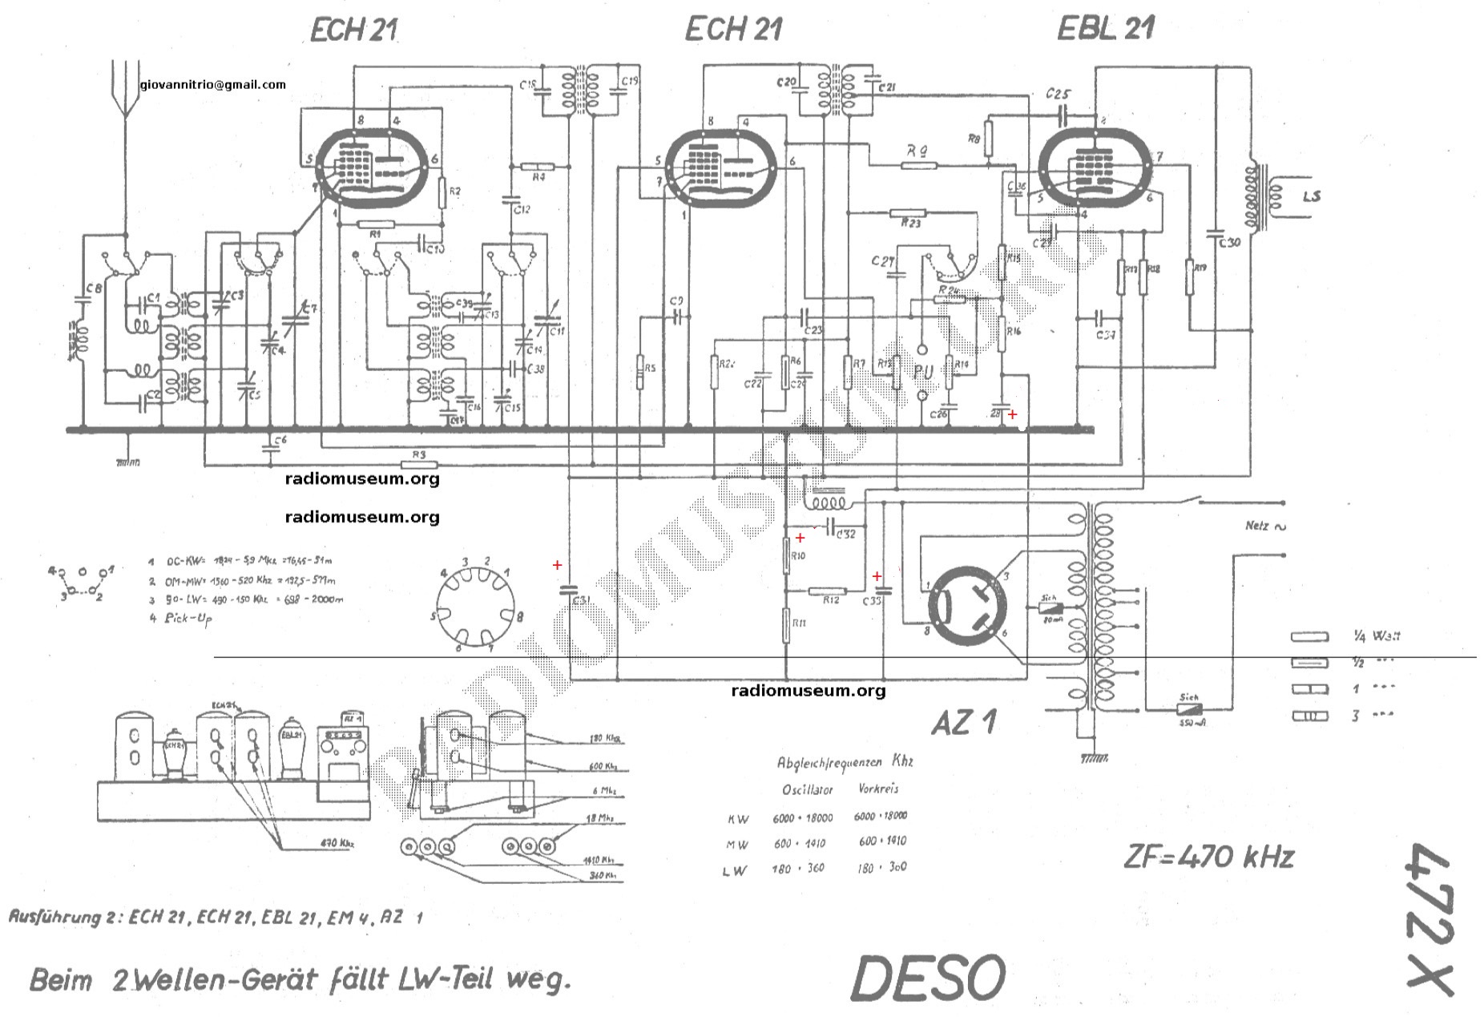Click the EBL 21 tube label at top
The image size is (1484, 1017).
[1105, 29]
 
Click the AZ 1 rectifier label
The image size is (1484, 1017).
[964, 723]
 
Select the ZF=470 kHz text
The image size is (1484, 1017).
[1208, 858]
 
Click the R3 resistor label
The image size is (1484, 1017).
[417, 454]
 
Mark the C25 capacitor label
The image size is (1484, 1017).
[1057, 94]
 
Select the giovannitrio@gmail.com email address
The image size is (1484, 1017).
[212, 84]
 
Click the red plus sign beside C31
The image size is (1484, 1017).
[557, 565]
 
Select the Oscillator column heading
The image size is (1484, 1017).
[807, 789]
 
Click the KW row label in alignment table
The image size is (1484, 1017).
[737, 819]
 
